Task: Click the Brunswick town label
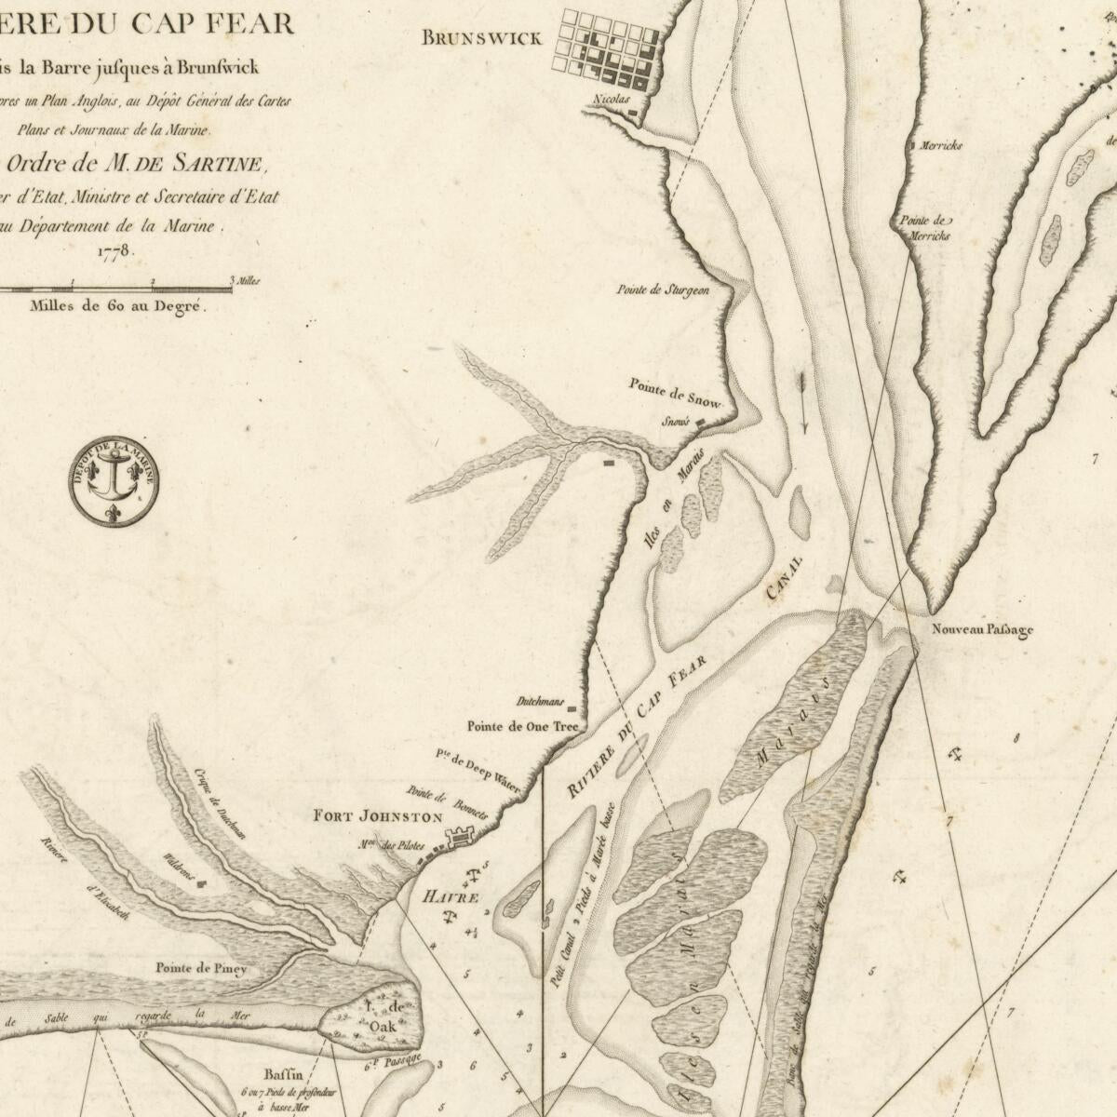click(480, 38)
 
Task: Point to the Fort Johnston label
click(377, 817)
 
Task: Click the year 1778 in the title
click(116, 251)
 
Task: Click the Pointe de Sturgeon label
click(663, 289)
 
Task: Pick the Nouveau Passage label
click(982, 630)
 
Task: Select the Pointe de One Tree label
click(522, 726)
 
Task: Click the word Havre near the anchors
click(451, 898)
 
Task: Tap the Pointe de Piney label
click(201, 969)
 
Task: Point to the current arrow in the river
click(802, 402)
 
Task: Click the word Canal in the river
click(784, 580)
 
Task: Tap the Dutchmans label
click(540, 701)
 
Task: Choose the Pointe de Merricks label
click(923, 228)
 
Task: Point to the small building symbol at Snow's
click(701, 421)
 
